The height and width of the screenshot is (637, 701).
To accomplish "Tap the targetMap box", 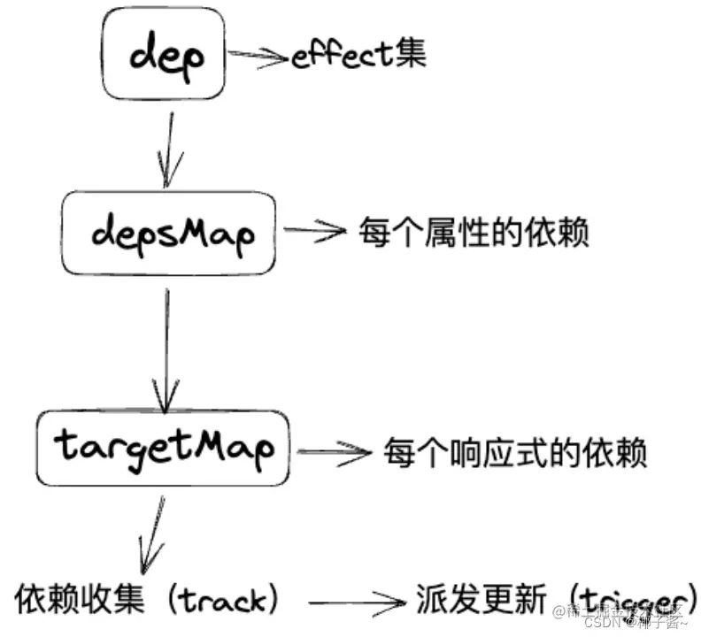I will (164, 448).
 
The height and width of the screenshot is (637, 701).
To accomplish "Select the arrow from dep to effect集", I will (259, 58).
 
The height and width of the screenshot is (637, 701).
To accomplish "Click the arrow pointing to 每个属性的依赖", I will (314, 232).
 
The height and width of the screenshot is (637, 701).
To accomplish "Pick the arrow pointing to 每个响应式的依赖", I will (333, 453).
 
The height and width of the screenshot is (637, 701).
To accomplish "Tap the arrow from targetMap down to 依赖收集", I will (150, 532).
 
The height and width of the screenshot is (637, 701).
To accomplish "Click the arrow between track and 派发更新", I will (349, 606).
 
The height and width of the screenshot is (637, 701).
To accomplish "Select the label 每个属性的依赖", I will (473, 233).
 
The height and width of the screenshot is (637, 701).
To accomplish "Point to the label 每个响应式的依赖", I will (515, 453).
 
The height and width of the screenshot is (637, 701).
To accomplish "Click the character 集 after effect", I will (410, 52).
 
